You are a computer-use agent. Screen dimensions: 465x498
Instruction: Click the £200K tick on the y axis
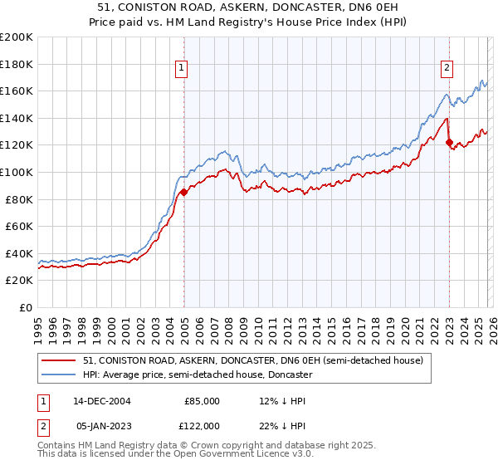tap(17, 37)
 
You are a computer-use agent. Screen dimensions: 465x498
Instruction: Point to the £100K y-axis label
tap(17, 172)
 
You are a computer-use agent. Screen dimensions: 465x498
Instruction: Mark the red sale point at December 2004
tap(183, 193)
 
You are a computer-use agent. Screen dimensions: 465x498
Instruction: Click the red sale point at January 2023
tap(449, 143)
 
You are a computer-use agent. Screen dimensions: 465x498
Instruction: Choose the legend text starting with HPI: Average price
tap(198, 374)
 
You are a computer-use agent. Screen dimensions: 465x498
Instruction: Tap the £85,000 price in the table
tap(203, 401)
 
